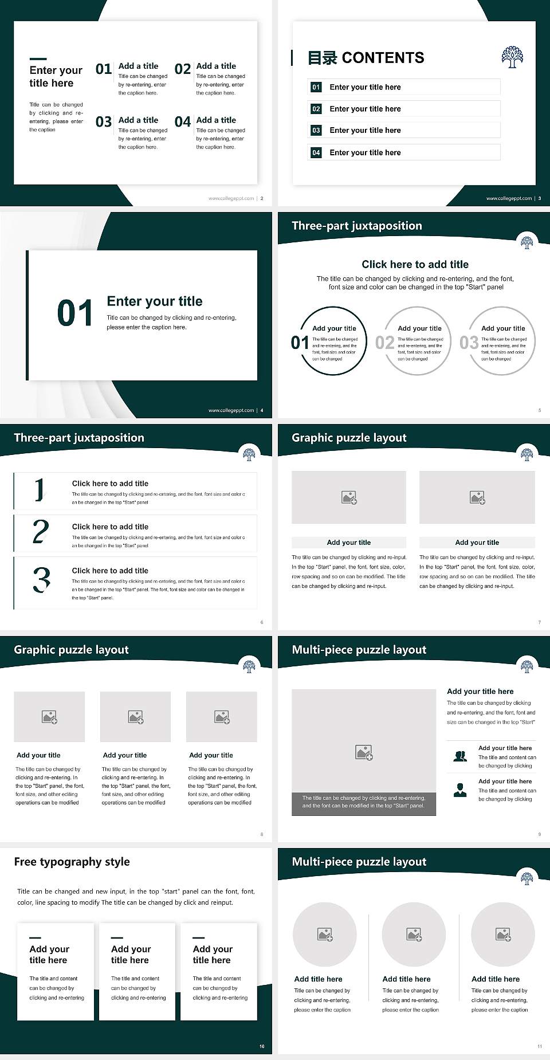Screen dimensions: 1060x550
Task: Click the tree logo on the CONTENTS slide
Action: click(512, 57)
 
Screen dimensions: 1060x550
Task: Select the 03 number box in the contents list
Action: click(316, 131)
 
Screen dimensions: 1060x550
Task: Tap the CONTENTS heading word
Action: click(383, 58)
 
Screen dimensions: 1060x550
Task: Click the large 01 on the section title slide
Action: click(75, 313)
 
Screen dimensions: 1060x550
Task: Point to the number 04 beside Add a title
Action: click(183, 122)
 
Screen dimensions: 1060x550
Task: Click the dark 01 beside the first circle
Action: click(299, 343)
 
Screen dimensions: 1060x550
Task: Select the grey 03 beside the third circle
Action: click(469, 343)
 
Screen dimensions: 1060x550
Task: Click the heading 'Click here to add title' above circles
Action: click(415, 264)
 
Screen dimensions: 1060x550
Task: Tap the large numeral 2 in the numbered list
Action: click(40, 532)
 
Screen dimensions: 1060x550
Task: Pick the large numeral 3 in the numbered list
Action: click(41, 580)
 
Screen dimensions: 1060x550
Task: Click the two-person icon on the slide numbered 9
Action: click(460, 756)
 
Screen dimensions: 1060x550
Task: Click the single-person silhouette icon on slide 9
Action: click(460, 790)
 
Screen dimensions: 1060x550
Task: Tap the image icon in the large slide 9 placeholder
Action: click(364, 752)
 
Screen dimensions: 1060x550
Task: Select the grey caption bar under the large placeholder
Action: click(364, 802)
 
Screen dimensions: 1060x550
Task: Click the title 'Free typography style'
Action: click(72, 862)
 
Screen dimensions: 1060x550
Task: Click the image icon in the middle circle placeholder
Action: click(414, 935)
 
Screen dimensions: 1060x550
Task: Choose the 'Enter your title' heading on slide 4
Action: click(155, 301)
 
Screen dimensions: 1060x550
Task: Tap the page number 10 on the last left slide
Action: click(262, 1046)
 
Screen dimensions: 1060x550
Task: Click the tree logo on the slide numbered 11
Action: click(527, 878)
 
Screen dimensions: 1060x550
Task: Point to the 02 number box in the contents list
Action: click(316, 109)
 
